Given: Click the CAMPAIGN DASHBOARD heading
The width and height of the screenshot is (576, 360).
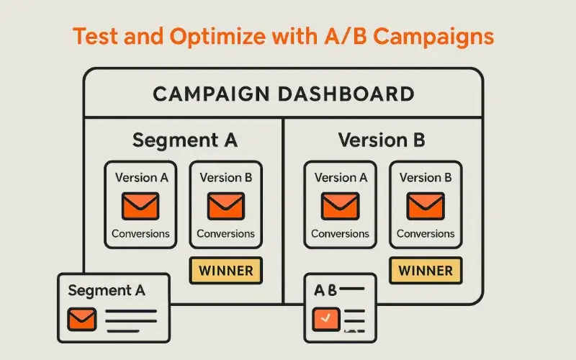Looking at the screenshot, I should coord(283,94).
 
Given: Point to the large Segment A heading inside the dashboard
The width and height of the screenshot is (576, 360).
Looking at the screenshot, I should coord(184,140).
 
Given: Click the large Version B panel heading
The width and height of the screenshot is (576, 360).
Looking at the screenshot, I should coord(382,140).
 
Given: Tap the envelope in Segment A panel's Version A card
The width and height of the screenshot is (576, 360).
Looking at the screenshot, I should coord(140,206).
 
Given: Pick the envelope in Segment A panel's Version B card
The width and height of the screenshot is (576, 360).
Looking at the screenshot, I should coord(225,206).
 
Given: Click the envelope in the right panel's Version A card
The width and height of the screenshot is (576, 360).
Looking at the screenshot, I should coord(340,206).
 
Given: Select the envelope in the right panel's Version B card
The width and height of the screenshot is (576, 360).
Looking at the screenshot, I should coord(426,206).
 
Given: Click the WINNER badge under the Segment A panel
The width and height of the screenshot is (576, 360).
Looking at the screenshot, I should coord(225,271).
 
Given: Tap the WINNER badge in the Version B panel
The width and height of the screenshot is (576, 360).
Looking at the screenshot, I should coord(426,271).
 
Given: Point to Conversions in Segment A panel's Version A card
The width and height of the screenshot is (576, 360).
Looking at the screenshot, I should coord(140,233).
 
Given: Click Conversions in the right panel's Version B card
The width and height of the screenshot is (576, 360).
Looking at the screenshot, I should coord(426,233).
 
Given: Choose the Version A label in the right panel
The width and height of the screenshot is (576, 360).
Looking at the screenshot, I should coord(341,178).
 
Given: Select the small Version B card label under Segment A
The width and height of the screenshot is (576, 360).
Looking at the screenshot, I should coord(225,178).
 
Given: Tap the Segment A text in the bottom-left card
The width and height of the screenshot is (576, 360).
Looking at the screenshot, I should coord(107,291).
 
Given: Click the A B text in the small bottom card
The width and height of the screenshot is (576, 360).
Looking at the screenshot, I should coord(325,290).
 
